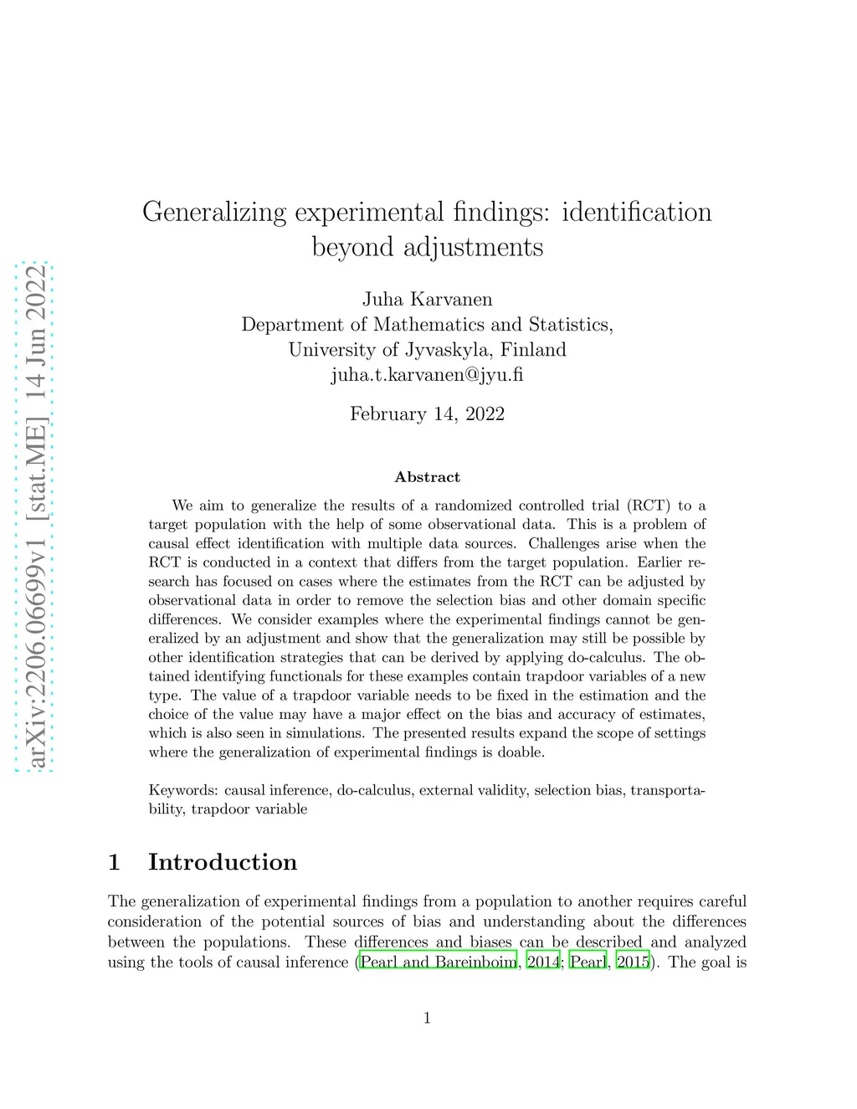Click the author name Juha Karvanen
427,300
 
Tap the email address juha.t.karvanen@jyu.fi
427,375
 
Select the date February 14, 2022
427,414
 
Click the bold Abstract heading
427,477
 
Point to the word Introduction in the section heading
223,862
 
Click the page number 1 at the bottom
427,1018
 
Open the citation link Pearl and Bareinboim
438,962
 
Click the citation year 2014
543,962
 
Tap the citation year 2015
633,962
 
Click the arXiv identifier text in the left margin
35,516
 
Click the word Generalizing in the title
214,213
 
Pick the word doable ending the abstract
520,752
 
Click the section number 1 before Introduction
115,862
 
